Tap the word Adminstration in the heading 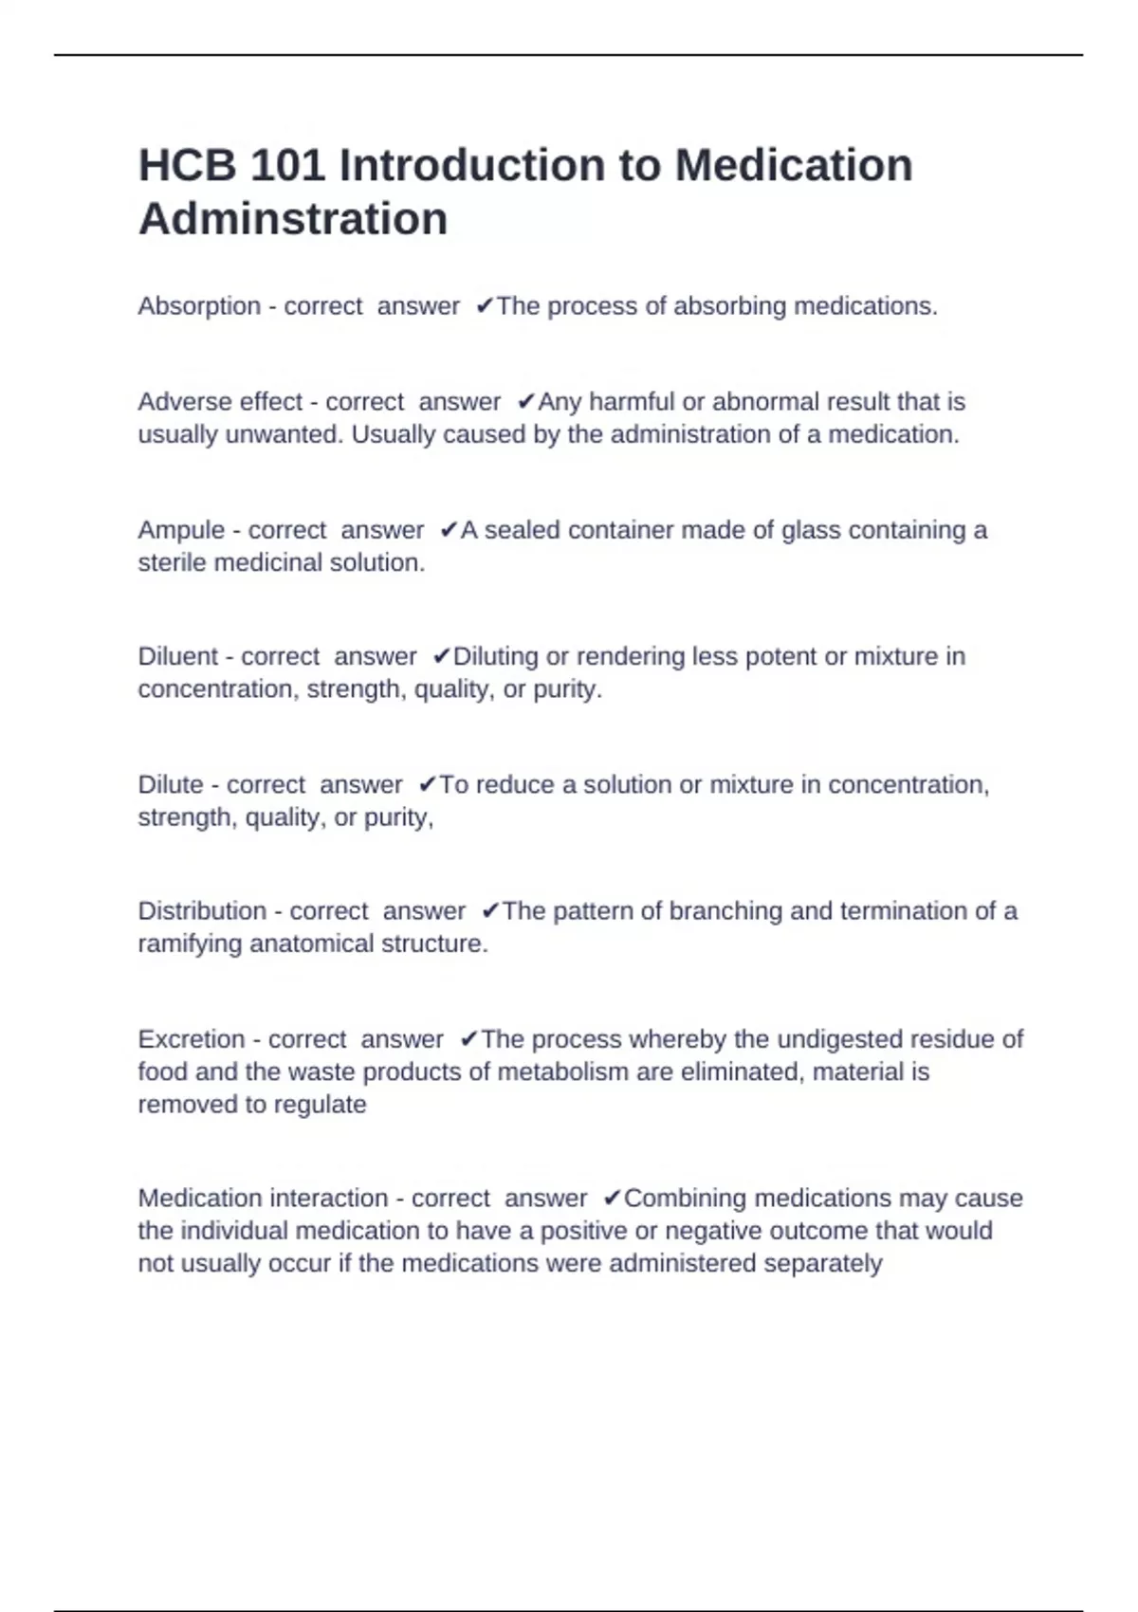[x=293, y=219]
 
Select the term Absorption [x=199, y=306]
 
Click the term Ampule [x=181, y=530]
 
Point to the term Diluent [x=178, y=656]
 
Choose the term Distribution [x=202, y=911]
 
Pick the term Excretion [x=192, y=1039]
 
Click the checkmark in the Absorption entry [x=484, y=306]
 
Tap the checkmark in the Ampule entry [x=449, y=530]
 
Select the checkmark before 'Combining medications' [x=612, y=1199]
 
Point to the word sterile [x=173, y=562]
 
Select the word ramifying [x=190, y=944]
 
